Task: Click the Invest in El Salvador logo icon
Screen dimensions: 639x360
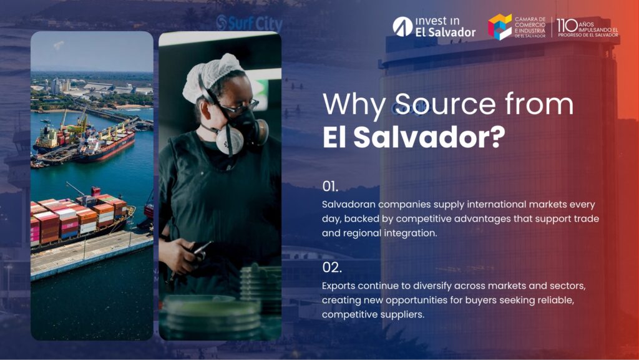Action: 402,26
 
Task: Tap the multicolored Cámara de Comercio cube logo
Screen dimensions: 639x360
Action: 500,27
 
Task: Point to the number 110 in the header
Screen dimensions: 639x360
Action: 567,26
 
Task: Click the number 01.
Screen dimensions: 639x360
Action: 330,186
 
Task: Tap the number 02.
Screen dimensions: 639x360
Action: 332,268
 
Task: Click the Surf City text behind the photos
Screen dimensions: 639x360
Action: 249,23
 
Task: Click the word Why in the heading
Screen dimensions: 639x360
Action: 354,104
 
